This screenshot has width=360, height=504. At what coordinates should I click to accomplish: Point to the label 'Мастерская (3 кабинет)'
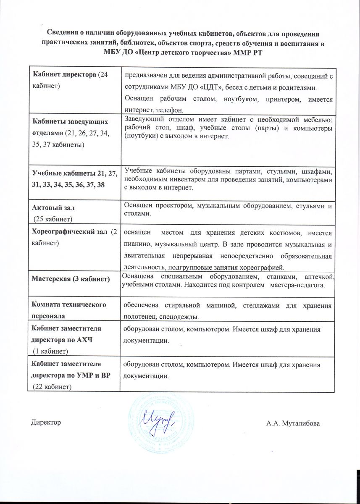pyautogui.click(x=71, y=279)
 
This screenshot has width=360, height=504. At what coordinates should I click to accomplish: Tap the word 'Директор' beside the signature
pyautogui.click(x=45, y=422)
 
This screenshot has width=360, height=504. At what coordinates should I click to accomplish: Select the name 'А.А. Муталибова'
pyautogui.click(x=292, y=423)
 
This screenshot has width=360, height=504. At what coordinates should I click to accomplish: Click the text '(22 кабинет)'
pyautogui.click(x=53, y=387)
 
